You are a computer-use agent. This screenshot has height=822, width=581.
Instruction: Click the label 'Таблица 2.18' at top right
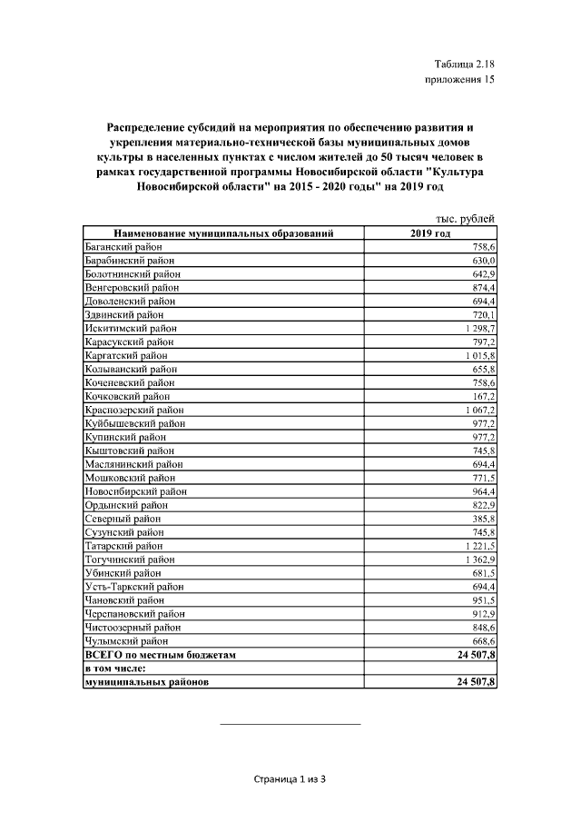click(x=465, y=64)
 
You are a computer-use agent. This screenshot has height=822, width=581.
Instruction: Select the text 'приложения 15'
click(x=460, y=81)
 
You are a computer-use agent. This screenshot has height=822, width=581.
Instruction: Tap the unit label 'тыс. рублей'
click(x=465, y=219)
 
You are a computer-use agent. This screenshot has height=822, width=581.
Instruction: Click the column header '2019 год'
click(x=430, y=233)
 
